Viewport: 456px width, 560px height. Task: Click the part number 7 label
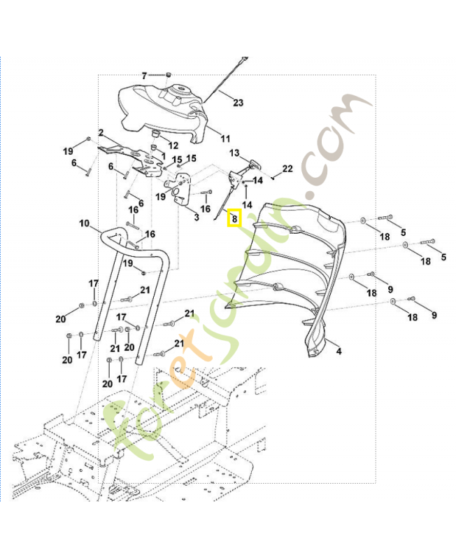tap(145, 75)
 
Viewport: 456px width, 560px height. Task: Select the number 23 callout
tap(238, 103)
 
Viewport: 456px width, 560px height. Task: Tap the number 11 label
tap(225, 138)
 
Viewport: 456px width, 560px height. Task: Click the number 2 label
tap(101, 132)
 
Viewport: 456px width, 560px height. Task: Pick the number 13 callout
tap(234, 153)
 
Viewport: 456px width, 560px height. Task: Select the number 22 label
tap(287, 169)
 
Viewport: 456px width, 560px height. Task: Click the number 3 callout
tap(197, 218)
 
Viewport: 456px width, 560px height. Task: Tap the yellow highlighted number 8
tap(234, 218)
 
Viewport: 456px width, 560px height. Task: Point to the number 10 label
tap(84, 224)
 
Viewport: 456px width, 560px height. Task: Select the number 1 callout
tap(163, 155)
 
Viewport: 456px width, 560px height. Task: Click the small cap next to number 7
tap(169, 74)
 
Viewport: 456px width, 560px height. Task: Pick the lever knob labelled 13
tap(253, 164)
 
